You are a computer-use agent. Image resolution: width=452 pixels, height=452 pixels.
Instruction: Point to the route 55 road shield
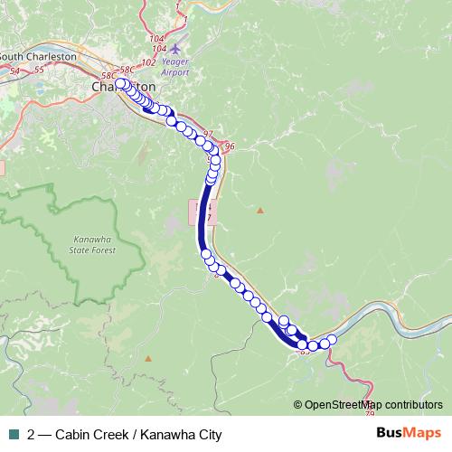[38, 70]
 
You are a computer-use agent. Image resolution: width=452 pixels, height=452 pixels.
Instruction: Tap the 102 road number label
[149, 62]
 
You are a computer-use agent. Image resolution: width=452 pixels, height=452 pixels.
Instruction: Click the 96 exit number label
[229, 146]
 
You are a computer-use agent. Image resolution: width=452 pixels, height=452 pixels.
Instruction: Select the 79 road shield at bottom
[370, 413]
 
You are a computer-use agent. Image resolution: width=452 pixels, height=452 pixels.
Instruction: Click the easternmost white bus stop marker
[332, 340]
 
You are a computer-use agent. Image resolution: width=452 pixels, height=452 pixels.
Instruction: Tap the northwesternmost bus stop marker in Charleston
[120, 83]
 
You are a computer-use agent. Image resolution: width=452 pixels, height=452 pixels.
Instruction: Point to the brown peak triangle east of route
[260, 211]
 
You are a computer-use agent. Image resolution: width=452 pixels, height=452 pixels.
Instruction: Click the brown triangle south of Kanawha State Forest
[147, 358]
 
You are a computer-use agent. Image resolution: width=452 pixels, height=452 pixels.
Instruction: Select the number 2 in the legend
[33, 434]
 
